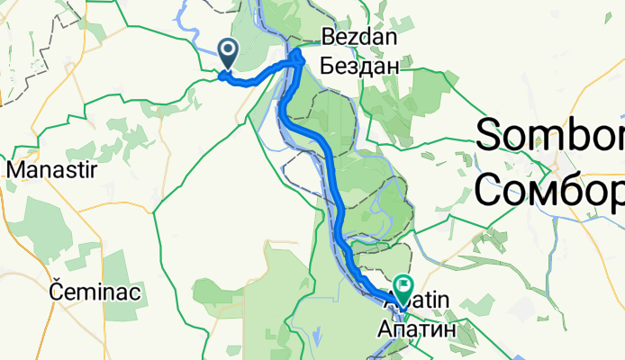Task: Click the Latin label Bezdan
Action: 359,39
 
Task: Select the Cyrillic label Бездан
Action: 359,65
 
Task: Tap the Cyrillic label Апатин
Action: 417,329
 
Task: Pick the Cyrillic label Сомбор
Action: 549,190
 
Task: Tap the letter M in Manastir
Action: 16,168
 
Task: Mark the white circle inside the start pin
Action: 228,50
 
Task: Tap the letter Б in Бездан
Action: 328,65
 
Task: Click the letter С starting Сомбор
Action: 492,190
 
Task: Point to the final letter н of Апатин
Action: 449,329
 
